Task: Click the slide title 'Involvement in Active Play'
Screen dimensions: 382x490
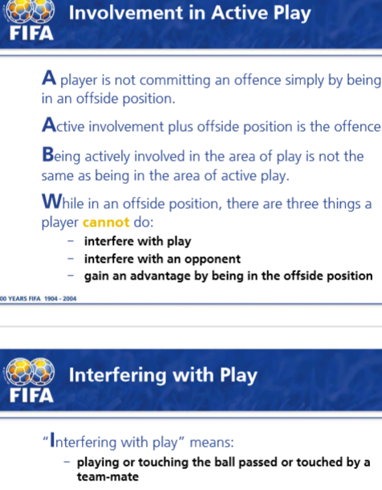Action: coord(189,14)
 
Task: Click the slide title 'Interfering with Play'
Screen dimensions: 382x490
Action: coord(163,375)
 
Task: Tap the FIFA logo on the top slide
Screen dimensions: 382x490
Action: coord(30,21)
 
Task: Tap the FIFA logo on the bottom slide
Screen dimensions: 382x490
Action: coord(30,380)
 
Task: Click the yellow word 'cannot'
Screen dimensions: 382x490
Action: coord(106,223)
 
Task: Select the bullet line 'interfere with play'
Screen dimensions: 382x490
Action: coord(138,241)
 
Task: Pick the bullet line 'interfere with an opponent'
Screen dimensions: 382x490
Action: coord(162,259)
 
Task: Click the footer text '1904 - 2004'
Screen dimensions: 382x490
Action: coord(60,299)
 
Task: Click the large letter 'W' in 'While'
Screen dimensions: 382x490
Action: coord(52,202)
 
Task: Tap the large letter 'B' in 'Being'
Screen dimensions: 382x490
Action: coord(48,154)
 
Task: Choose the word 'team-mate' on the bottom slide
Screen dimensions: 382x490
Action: coord(108,477)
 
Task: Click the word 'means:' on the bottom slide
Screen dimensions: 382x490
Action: coord(212,442)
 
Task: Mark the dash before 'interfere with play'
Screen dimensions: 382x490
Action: coord(71,241)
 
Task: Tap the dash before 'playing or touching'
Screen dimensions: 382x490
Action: coord(67,462)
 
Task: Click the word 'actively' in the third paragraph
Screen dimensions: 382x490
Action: coord(107,157)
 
